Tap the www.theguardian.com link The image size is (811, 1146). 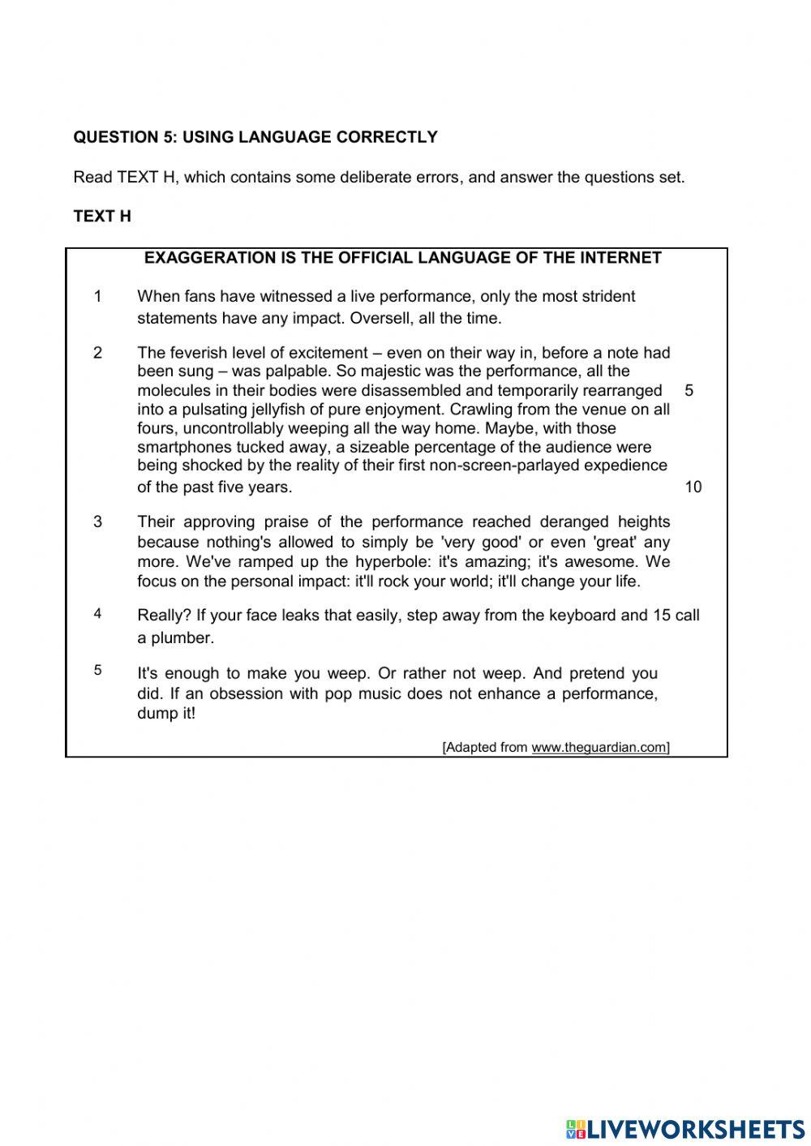(x=599, y=747)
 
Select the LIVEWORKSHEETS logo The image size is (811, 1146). (x=685, y=1128)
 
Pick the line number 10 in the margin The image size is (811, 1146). (x=693, y=487)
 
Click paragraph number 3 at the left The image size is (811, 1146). (x=98, y=521)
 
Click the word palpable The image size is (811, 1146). (x=296, y=371)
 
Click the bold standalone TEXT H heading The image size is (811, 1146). (x=102, y=217)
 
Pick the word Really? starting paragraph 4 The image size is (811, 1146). (x=164, y=615)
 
